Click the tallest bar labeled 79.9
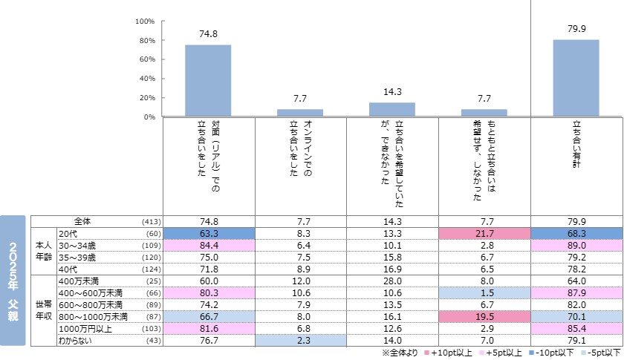(576, 78)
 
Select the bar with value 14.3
(391, 109)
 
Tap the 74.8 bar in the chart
(207, 80)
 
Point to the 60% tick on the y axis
(146, 59)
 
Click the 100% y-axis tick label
(144, 21)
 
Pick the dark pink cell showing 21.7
(484, 233)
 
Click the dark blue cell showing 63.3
(208, 233)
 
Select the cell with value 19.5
(484, 316)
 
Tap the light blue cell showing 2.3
(300, 340)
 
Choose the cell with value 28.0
(392, 281)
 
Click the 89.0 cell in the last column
(576, 245)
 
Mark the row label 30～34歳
(77, 245)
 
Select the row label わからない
(76, 340)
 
